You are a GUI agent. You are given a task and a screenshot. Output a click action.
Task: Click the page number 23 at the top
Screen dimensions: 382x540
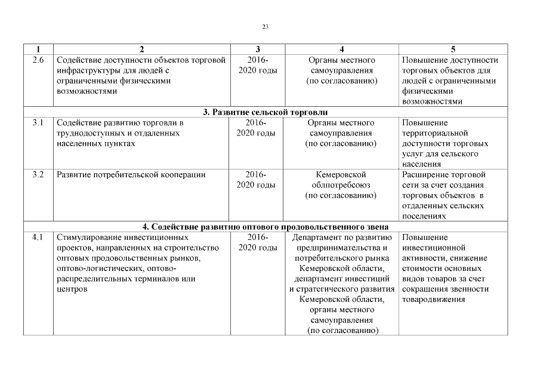(266, 26)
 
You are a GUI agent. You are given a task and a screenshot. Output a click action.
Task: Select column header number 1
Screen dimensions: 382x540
(38, 49)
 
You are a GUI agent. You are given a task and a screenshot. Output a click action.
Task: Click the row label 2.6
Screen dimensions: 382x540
(38, 60)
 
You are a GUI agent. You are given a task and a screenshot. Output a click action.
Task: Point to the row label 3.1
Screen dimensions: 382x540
(38, 123)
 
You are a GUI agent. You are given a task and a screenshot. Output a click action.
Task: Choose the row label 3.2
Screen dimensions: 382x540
(38, 175)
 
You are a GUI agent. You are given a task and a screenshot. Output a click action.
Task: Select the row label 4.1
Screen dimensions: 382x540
(38, 238)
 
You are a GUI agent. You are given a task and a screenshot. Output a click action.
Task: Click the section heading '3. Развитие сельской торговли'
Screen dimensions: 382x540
(266, 112)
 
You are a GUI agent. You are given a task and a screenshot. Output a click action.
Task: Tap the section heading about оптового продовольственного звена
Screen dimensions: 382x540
(266, 227)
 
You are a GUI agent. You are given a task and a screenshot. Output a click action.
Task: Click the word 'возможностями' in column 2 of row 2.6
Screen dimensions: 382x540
(84, 92)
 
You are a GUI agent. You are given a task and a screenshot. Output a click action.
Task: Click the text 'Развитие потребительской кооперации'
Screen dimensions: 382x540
(131, 175)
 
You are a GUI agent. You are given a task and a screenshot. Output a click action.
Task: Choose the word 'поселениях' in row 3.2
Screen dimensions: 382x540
(424, 217)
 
